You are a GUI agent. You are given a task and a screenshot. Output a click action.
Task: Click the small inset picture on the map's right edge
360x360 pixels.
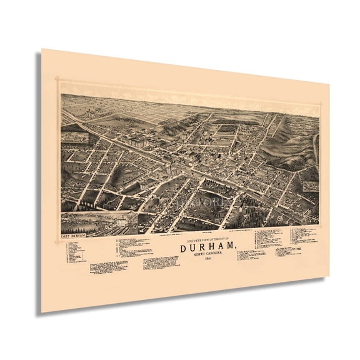pos(311,186)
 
